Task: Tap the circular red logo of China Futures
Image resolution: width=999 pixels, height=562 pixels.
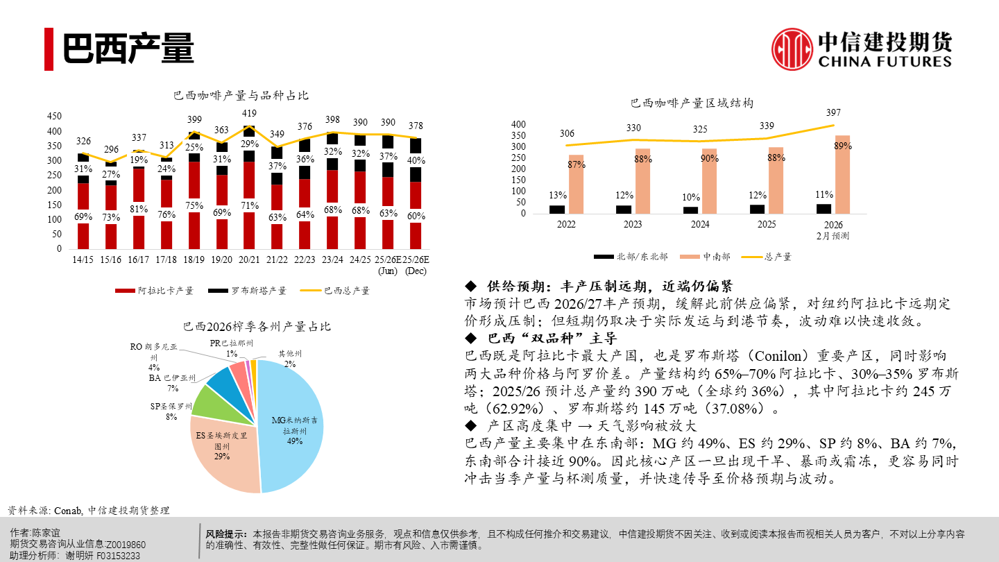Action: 792,49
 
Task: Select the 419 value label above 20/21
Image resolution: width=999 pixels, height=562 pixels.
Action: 249,113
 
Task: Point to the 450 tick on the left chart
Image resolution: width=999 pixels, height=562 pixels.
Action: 54,116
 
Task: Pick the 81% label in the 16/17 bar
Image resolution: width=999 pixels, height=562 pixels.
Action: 138,208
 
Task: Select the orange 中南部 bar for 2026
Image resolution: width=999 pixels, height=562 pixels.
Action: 842,174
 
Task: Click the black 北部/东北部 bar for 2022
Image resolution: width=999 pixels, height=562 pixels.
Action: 557,210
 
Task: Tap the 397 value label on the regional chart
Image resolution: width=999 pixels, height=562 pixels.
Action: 832,112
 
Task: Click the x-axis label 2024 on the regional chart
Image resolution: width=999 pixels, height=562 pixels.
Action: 700,225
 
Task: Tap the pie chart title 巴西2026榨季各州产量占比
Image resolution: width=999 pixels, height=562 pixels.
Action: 257,326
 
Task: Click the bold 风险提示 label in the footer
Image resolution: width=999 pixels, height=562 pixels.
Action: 226,534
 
